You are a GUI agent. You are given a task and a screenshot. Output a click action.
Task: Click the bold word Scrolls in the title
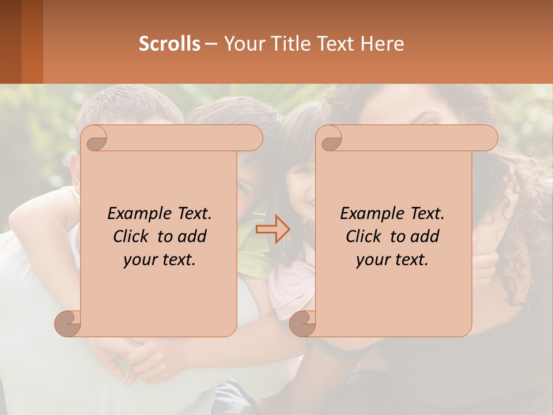pos(170,44)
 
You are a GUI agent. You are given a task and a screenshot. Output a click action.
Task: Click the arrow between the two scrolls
pos(272,229)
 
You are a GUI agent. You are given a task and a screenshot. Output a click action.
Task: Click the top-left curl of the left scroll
pos(96,140)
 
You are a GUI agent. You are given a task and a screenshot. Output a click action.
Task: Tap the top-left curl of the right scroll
pos(331,140)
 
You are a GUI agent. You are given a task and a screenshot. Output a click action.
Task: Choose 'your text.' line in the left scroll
pos(160,259)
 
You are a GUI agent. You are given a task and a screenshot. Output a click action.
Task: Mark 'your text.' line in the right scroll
pos(392,259)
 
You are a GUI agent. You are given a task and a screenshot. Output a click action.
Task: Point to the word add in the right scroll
pos(425,236)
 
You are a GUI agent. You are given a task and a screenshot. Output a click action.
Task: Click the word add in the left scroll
pos(192,236)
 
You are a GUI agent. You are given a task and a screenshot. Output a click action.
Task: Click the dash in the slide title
pos(211,44)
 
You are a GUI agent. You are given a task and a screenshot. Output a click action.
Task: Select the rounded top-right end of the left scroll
pos(253,138)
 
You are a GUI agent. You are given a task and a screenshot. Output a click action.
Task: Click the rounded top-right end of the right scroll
pos(488,138)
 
